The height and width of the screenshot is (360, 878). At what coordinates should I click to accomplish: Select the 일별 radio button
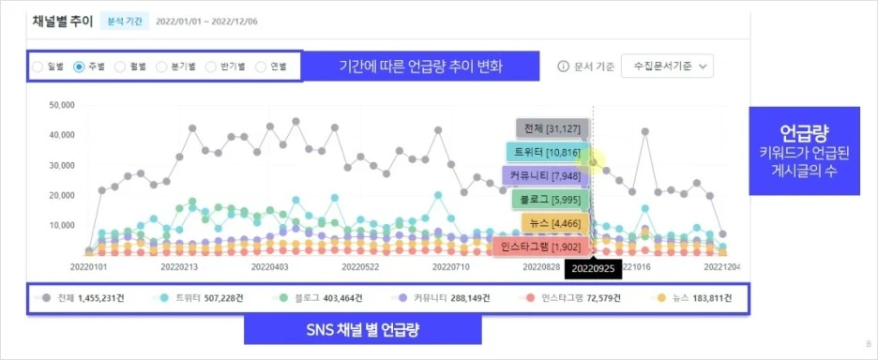tap(38, 67)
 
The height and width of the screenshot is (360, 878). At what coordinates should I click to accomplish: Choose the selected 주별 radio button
tap(80, 67)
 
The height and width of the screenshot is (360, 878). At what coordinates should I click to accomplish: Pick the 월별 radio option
tap(121, 67)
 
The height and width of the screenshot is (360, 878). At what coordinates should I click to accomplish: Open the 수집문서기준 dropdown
tap(667, 67)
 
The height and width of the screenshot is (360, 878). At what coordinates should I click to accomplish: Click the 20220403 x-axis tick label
tap(269, 267)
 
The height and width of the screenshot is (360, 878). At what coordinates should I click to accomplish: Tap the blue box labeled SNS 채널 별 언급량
tap(362, 329)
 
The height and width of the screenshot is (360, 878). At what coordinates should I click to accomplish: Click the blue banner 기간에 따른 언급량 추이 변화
tap(421, 67)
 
